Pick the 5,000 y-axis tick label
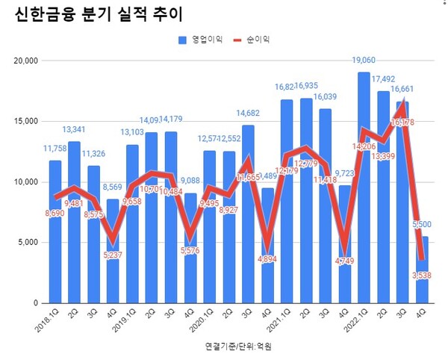[x=28, y=243]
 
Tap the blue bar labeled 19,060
[x=364, y=187]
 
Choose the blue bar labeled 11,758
[x=55, y=232]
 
